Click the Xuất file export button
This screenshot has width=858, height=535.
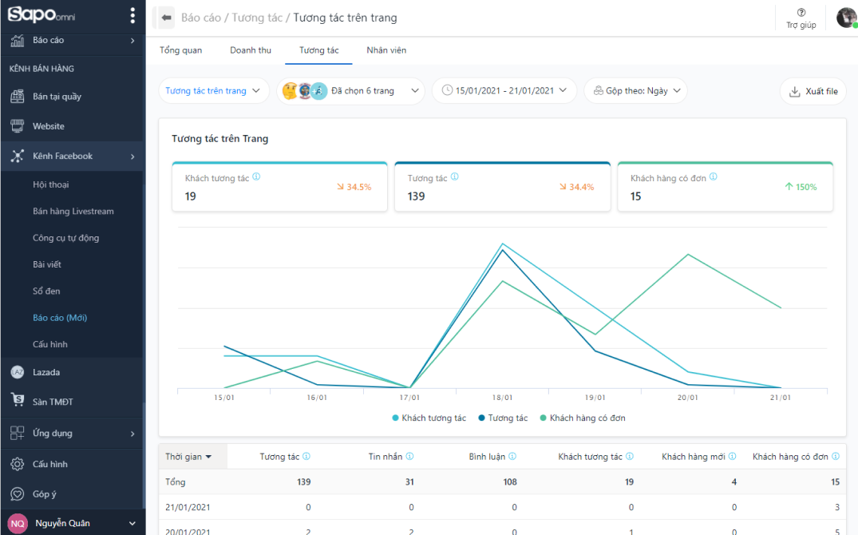tap(813, 91)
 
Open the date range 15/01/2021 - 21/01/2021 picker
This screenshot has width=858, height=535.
tap(504, 91)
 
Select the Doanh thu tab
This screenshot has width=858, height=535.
tap(251, 50)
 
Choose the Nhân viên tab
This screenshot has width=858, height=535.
tap(386, 50)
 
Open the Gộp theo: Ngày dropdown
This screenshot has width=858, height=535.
tap(635, 91)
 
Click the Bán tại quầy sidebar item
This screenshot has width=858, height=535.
tap(57, 97)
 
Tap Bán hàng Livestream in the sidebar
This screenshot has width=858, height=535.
tap(73, 212)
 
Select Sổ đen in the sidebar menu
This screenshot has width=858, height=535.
tap(46, 291)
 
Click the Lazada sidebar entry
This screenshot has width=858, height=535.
tap(46, 372)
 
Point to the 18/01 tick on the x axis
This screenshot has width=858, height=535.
tap(502, 397)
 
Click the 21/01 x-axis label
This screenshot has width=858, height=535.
tap(781, 397)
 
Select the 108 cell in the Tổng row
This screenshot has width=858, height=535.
tap(508, 481)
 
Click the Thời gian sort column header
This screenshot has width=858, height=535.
tap(188, 457)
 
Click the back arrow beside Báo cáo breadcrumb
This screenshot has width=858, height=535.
tap(167, 18)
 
